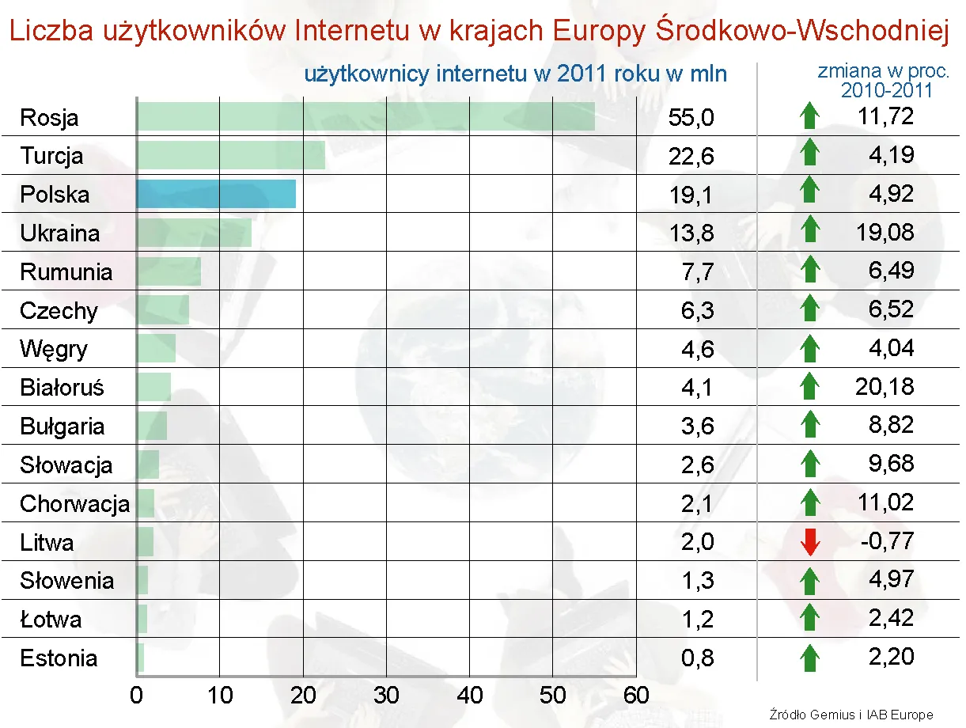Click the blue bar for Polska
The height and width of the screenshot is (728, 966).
(x=216, y=194)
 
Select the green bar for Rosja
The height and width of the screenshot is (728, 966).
(x=366, y=116)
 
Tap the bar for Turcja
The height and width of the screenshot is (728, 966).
(x=231, y=155)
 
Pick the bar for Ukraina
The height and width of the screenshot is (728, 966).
(x=194, y=233)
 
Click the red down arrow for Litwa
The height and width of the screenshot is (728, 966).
(x=809, y=542)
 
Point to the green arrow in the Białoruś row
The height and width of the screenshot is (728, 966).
(x=809, y=386)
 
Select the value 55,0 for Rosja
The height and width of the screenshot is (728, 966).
(x=691, y=118)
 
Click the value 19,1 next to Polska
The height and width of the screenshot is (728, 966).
(x=691, y=195)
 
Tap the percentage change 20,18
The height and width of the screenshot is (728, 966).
(x=884, y=386)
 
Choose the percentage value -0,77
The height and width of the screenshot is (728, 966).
(x=886, y=541)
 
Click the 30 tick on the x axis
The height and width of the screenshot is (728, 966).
(x=386, y=696)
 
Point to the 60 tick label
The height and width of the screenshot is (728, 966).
(x=635, y=696)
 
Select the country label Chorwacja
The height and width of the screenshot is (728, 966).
(x=74, y=503)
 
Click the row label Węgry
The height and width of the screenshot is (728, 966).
(x=54, y=349)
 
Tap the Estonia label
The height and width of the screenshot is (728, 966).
(x=59, y=658)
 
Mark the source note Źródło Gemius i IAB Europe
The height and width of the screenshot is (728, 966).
(x=850, y=715)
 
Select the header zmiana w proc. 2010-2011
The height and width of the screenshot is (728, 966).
(x=884, y=81)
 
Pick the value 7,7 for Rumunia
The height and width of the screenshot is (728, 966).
(x=697, y=272)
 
